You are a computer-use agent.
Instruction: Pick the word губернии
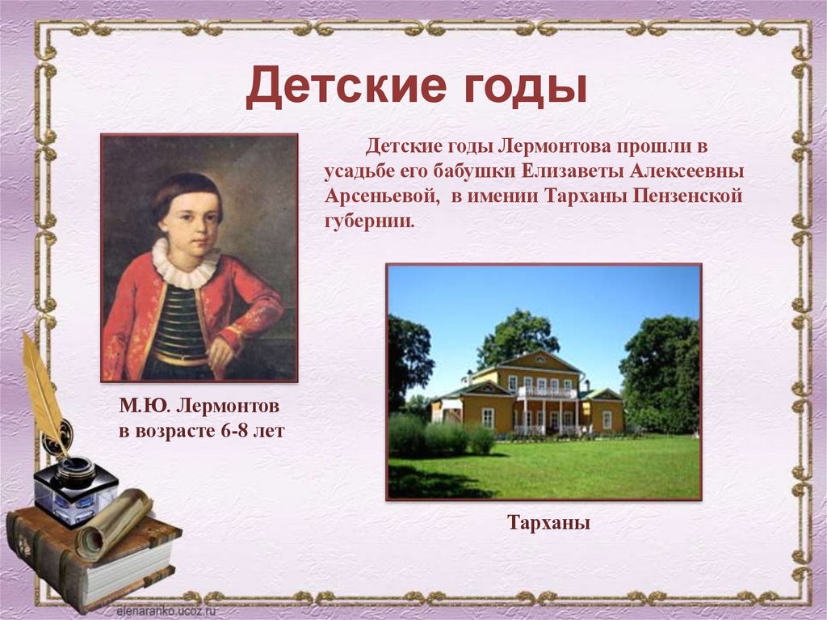368,221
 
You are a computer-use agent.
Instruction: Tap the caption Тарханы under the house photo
549,523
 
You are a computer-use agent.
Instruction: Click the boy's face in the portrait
191,214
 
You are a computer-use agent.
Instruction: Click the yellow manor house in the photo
529,396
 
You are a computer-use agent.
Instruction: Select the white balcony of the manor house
547,392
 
